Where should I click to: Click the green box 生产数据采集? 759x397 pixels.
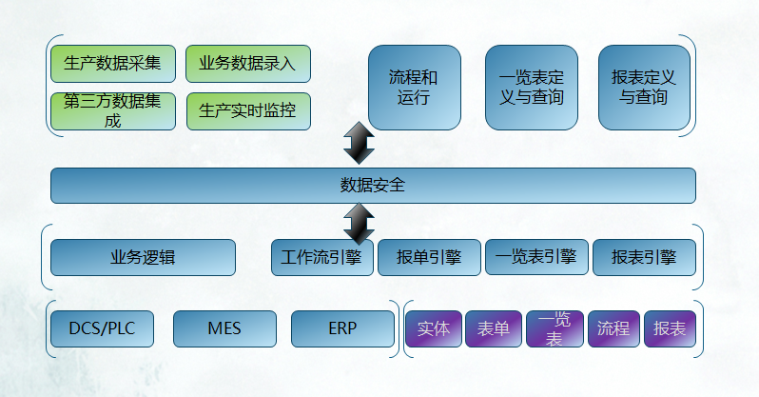(x=113, y=64)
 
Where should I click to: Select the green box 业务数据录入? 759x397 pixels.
(x=248, y=64)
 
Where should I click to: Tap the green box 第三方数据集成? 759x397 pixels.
(x=113, y=111)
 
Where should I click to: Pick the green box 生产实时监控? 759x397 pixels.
(x=248, y=111)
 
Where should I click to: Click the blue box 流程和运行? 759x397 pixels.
(x=415, y=88)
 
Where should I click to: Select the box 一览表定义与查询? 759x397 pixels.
(x=532, y=88)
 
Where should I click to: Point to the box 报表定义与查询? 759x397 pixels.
(x=644, y=88)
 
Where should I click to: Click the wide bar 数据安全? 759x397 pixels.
(x=373, y=185)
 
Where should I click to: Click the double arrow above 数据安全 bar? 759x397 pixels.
(x=359, y=143)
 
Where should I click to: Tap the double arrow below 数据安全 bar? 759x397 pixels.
(x=359, y=224)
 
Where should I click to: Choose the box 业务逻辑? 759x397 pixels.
(x=143, y=257)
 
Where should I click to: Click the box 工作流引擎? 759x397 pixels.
(x=321, y=257)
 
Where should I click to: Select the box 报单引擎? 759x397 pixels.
(x=429, y=257)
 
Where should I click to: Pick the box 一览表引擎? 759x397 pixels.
(x=536, y=257)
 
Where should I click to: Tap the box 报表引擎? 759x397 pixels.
(x=644, y=257)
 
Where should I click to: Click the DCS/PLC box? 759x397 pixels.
(x=102, y=328)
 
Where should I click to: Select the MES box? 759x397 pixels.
(x=224, y=328)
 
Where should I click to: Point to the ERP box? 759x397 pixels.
(x=342, y=328)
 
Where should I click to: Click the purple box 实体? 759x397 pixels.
(x=433, y=328)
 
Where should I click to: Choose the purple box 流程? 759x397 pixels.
(x=613, y=328)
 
